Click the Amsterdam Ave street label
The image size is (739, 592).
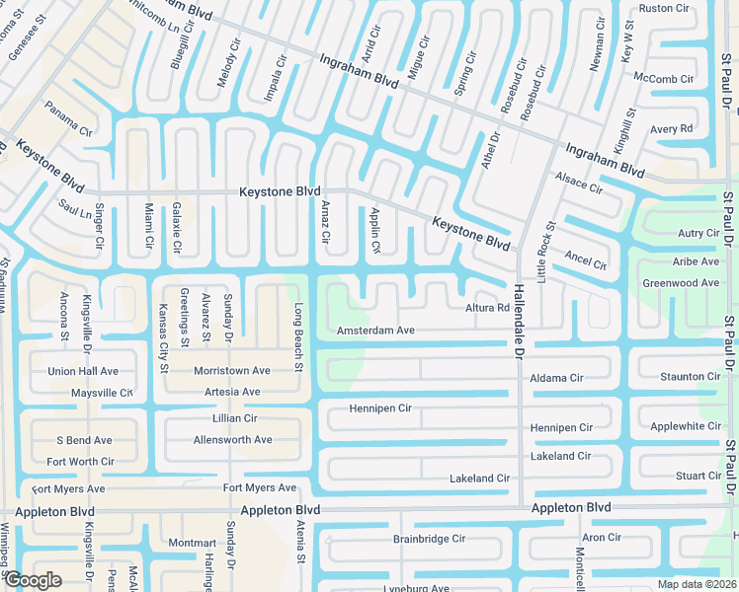(375, 331)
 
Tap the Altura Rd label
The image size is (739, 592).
(487, 308)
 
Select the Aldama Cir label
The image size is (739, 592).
(556, 378)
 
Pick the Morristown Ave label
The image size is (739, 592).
(231, 371)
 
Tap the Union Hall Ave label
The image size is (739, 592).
(83, 372)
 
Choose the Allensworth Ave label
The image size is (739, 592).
(231, 439)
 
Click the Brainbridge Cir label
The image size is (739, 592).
(429, 539)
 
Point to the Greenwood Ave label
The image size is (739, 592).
(681, 283)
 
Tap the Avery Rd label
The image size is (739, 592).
(671, 129)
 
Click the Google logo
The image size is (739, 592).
(33, 580)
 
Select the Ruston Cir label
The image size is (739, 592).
(664, 8)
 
